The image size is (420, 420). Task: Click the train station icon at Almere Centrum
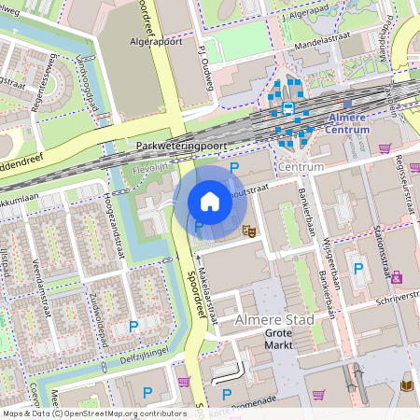[x=287, y=109]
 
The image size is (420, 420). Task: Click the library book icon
[x=406, y=385]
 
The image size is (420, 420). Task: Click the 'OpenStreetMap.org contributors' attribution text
[x=123, y=413]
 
